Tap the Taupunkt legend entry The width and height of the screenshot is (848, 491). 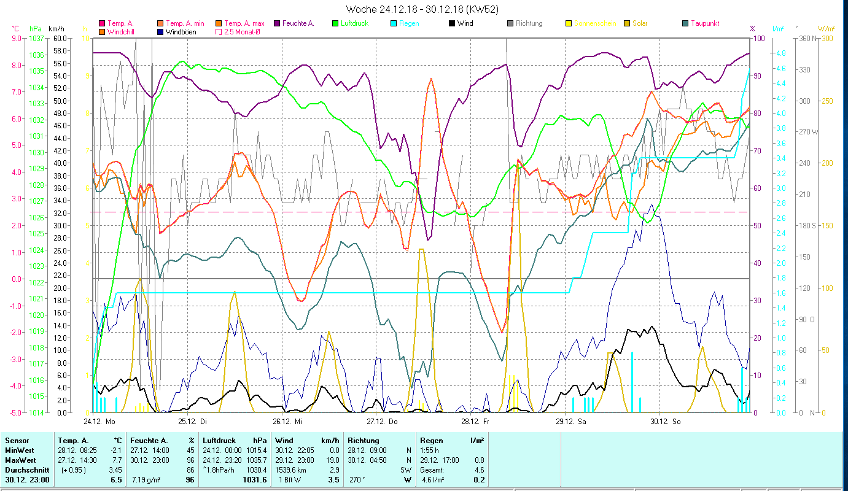pyautogui.click(x=704, y=23)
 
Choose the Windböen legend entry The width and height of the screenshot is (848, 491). pyautogui.click(x=180, y=31)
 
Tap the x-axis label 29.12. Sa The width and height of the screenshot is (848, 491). pyautogui.click(x=570, y=422)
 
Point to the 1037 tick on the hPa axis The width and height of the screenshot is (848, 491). pyautogui.click(x=36, y=38)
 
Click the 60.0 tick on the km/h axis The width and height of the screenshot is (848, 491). pyautogui.click(x=60, y=38)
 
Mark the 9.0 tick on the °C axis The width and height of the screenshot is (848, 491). pyautogui.click(x=17, y=38)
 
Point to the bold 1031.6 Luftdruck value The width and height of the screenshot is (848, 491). pyautogui.click(x=255, y=479)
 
